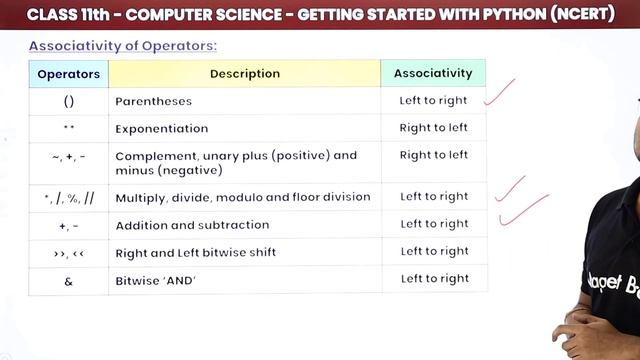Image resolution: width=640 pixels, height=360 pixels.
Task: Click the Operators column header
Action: click(68, 73)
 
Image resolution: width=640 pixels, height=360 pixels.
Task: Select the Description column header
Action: click(244, 73)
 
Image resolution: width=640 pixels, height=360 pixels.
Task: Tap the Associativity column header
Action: click(433, 73)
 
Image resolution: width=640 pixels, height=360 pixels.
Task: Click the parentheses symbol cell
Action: click(68, 101)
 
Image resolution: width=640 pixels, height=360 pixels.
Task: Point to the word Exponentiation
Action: click(162, 128)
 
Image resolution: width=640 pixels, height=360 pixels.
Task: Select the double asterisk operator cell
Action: click(68, 128)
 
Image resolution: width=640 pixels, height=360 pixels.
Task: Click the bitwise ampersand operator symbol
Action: click(68, 280)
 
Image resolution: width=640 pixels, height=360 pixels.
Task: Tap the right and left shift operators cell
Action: click(68, 252)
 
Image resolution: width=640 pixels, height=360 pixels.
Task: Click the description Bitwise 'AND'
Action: click(156, 280)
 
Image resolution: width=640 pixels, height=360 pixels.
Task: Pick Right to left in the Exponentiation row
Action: click(433, 128)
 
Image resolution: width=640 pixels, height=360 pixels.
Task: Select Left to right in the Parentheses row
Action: click(433, 101)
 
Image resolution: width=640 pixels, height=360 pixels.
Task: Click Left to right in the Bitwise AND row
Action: click(434, 279)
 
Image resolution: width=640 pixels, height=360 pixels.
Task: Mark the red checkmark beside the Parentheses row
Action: click(499, 93)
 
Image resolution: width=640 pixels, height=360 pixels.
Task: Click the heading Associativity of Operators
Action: click(122, 46)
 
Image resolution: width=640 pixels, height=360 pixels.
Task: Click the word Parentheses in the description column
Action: click(153, 101)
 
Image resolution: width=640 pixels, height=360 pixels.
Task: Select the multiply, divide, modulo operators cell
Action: click(68, 197)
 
